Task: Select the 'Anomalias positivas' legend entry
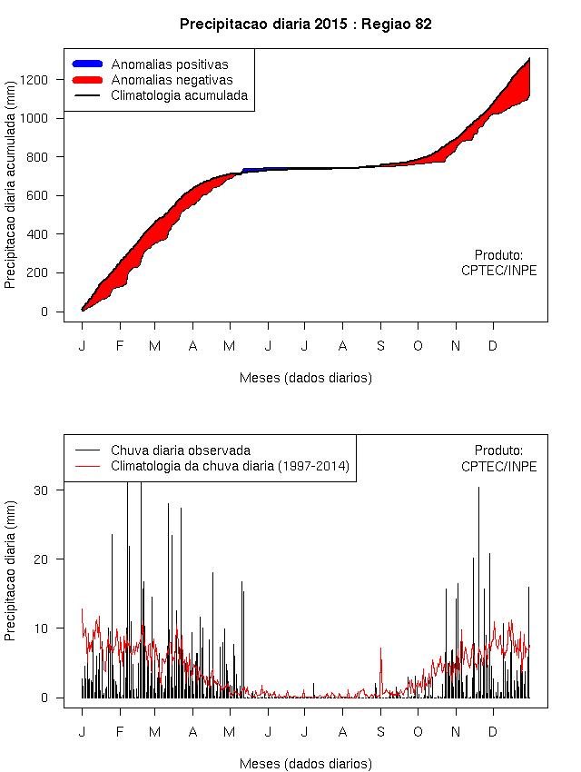coord(169,64)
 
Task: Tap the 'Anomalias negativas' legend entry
coord(172,80)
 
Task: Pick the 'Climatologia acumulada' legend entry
coord(179,95)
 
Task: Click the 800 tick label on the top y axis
coord(48,157)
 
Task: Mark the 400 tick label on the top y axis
coord(48,234)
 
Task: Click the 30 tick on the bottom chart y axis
coord(52,490)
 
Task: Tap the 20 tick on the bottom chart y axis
coord(52,559)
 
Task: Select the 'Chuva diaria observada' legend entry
coord(181,450)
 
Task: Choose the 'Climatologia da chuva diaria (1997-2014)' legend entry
coord(230,467)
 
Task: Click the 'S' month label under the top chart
coord(381,346)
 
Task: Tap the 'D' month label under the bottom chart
coord(493,732)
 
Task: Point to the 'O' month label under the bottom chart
coord(419,732)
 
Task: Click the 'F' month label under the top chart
coord(119,346)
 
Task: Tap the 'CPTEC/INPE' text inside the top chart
coord(498,271)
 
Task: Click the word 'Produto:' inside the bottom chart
coord(498,450)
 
